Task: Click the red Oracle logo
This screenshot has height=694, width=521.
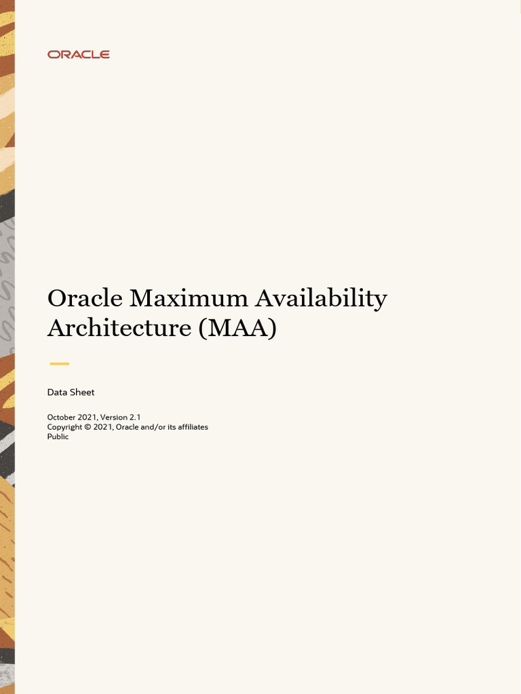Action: pyautogui.click(x=78, y=54)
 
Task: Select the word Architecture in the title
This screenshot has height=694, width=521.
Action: pyautogui.click(x=119, y=328)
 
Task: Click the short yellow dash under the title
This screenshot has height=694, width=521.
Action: pyautogui.click(x=59, y=364)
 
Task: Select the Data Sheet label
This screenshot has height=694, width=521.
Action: pyautogui.click(x=71, y=392)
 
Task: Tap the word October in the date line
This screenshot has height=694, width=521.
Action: pyautogui.click(x=62, y=417)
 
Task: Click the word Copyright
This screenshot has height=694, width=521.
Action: pyautogui.click(x=64, y=427)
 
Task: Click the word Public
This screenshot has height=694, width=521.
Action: pyautogui.click(x=58, y=436)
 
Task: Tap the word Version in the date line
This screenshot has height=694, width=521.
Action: pyautogui.click(x=113, y=417)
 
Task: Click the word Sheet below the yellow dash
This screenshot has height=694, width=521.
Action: pyautogui.click(x=82, y=392)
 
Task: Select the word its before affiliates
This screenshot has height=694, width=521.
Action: pyautogui.click(x=171, y=427)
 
